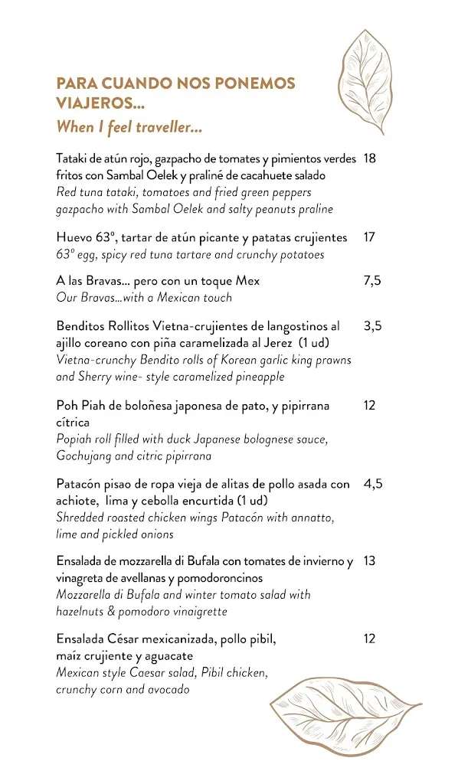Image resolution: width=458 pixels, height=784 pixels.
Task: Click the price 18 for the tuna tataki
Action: click(370, 158)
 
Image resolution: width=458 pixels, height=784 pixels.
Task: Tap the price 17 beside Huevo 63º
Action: click(370, 237)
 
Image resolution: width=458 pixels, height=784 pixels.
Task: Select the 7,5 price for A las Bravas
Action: click(372, 281)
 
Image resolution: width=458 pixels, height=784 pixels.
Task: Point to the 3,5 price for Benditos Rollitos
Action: click(373, 326)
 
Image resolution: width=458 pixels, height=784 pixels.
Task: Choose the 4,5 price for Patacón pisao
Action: click(373, 484)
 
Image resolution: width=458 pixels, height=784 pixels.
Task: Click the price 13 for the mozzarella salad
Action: click(370, 561)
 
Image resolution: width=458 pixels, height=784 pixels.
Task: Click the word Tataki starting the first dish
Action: click(73, 159)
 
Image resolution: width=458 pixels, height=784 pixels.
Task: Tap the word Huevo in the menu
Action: click(74, 237)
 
